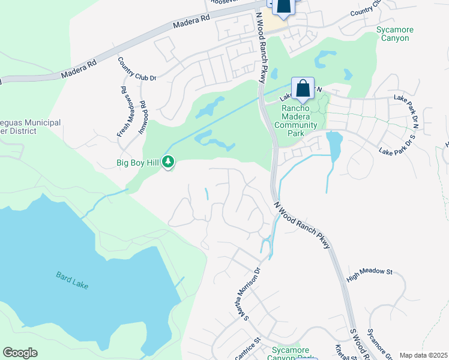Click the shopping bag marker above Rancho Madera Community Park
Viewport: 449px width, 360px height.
pyautogui.click(x=303, y=89)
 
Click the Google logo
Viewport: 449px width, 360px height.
pyautogui.click(x=20, y=353)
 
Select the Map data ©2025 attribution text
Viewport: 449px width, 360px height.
pyautogui.click(x=423, y=355)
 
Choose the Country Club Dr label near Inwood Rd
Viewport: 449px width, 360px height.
pyautogui.click(x=137, y=68)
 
